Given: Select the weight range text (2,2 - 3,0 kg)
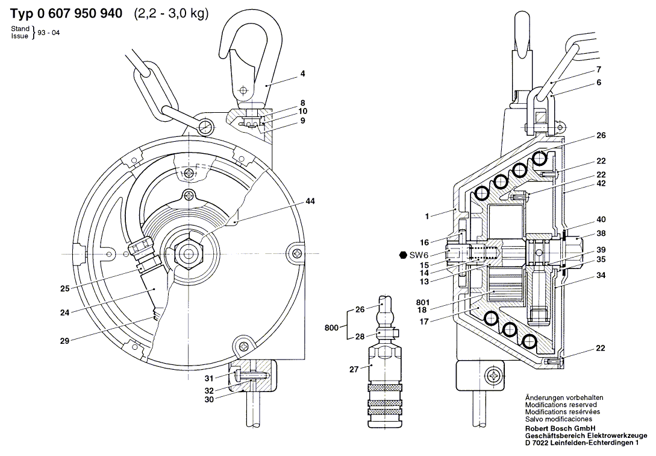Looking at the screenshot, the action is [170, 14].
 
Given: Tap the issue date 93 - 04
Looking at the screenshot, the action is [49, 33].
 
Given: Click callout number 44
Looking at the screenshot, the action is [310, 201].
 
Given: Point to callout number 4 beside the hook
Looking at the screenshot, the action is [302, 74].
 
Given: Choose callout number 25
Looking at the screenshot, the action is [65, 288].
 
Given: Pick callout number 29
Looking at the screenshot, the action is [64, 341].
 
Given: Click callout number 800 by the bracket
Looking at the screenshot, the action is [331, 328].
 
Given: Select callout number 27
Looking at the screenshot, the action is [354, 369].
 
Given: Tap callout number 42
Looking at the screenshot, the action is [601, 184].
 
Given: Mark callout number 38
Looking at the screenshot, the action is [601, 233].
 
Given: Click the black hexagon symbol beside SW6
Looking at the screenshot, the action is [403, 255].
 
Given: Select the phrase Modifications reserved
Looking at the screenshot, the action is [561, 405].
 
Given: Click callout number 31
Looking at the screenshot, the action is [209, 379].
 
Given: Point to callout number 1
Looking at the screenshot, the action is [426, 217].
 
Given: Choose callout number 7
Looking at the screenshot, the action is [599, 69].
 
